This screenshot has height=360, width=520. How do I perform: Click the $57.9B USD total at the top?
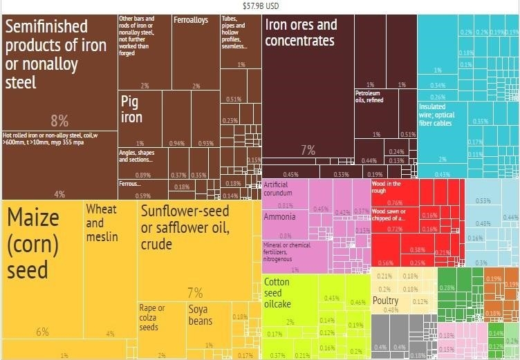260,5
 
